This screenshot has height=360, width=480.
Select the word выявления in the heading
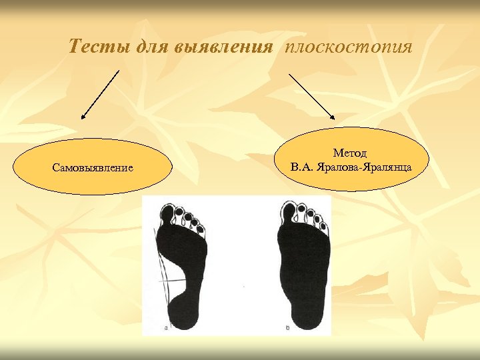point(223,47)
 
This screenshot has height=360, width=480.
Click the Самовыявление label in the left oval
point(93,167)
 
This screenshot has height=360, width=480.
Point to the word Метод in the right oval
point(350,153)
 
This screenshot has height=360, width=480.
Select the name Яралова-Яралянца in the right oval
point(371,167)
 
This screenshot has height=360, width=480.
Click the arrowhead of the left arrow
point(84,117)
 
